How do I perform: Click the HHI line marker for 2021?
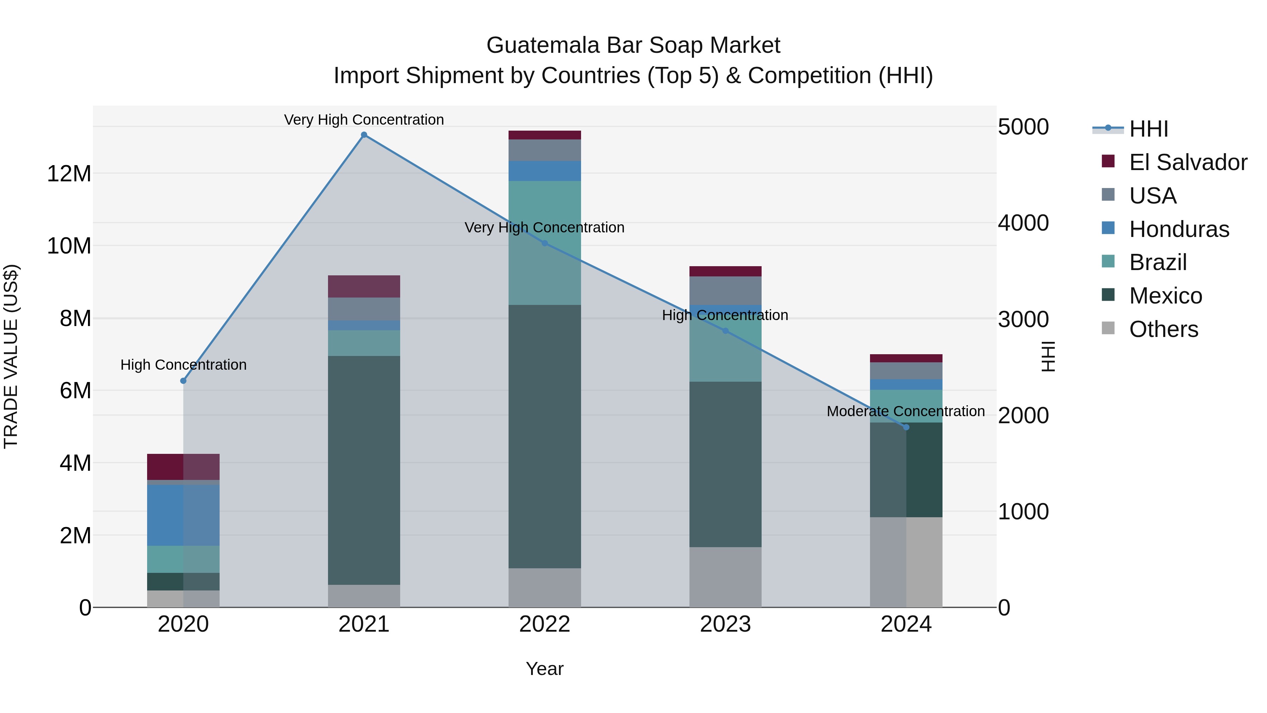pyautogui.click(x=364, y=135)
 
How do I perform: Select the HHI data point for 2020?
pyautogui.click(x=183, y=381)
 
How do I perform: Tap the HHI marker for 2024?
pyautogui.click(x=907, y=427)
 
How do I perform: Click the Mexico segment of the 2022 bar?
pyautogui.click(x=544, y=437)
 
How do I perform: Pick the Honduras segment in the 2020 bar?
pyautogui.click(x=183, y=515)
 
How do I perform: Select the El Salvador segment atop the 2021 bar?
pyautogui.click(x=364, y=286)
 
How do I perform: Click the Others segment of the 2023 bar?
pyautogui.click(x=725, y=577)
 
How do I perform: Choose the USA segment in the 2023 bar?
pyautogui.click(x=725, y=291)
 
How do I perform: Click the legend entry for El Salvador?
pyautogui.click(x=1187, y=162)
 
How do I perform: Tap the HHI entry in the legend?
pyautogui.click(x=1148, y=129)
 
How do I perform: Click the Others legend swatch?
pyautogui.click(x=1108, y=328)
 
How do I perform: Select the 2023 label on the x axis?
pyautogui.click(x=725, y=624)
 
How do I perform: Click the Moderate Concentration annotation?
pyautogui.click(x=906, y=411)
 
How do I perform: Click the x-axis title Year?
pyautogui.click(x=544, y=669)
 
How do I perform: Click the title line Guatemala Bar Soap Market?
pyautogui.click(x=633, y=45)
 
